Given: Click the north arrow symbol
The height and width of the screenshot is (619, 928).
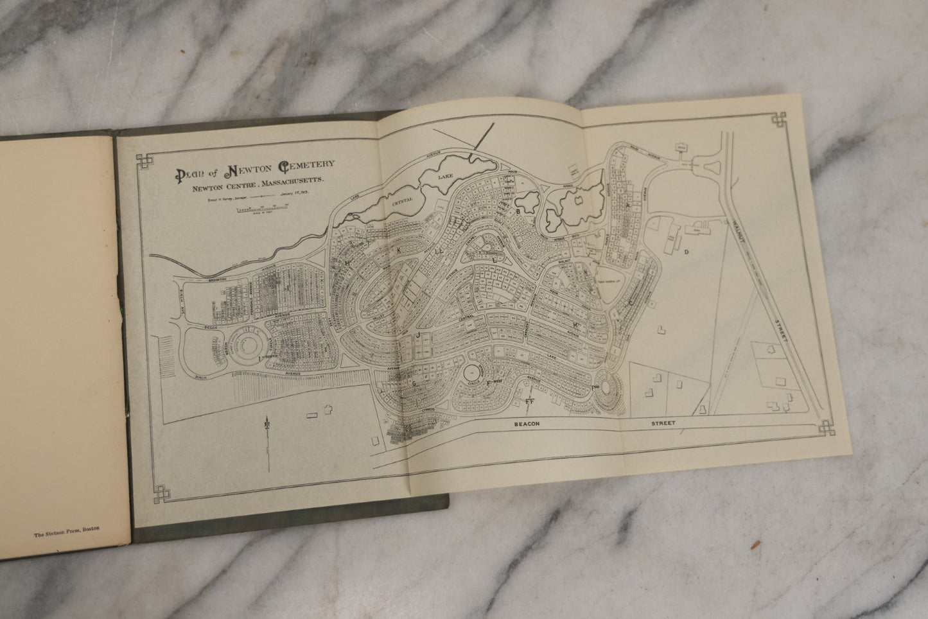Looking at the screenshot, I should point(265,429).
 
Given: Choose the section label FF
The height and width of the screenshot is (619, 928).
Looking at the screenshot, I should point(530,401).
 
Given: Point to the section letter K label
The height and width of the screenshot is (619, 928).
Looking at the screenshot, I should point(399,248).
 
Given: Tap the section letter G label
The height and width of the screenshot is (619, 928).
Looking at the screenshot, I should point(415,383).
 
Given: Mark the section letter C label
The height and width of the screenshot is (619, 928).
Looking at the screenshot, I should point(631,302).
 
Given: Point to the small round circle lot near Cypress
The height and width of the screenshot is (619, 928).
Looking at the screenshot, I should point(475,371).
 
